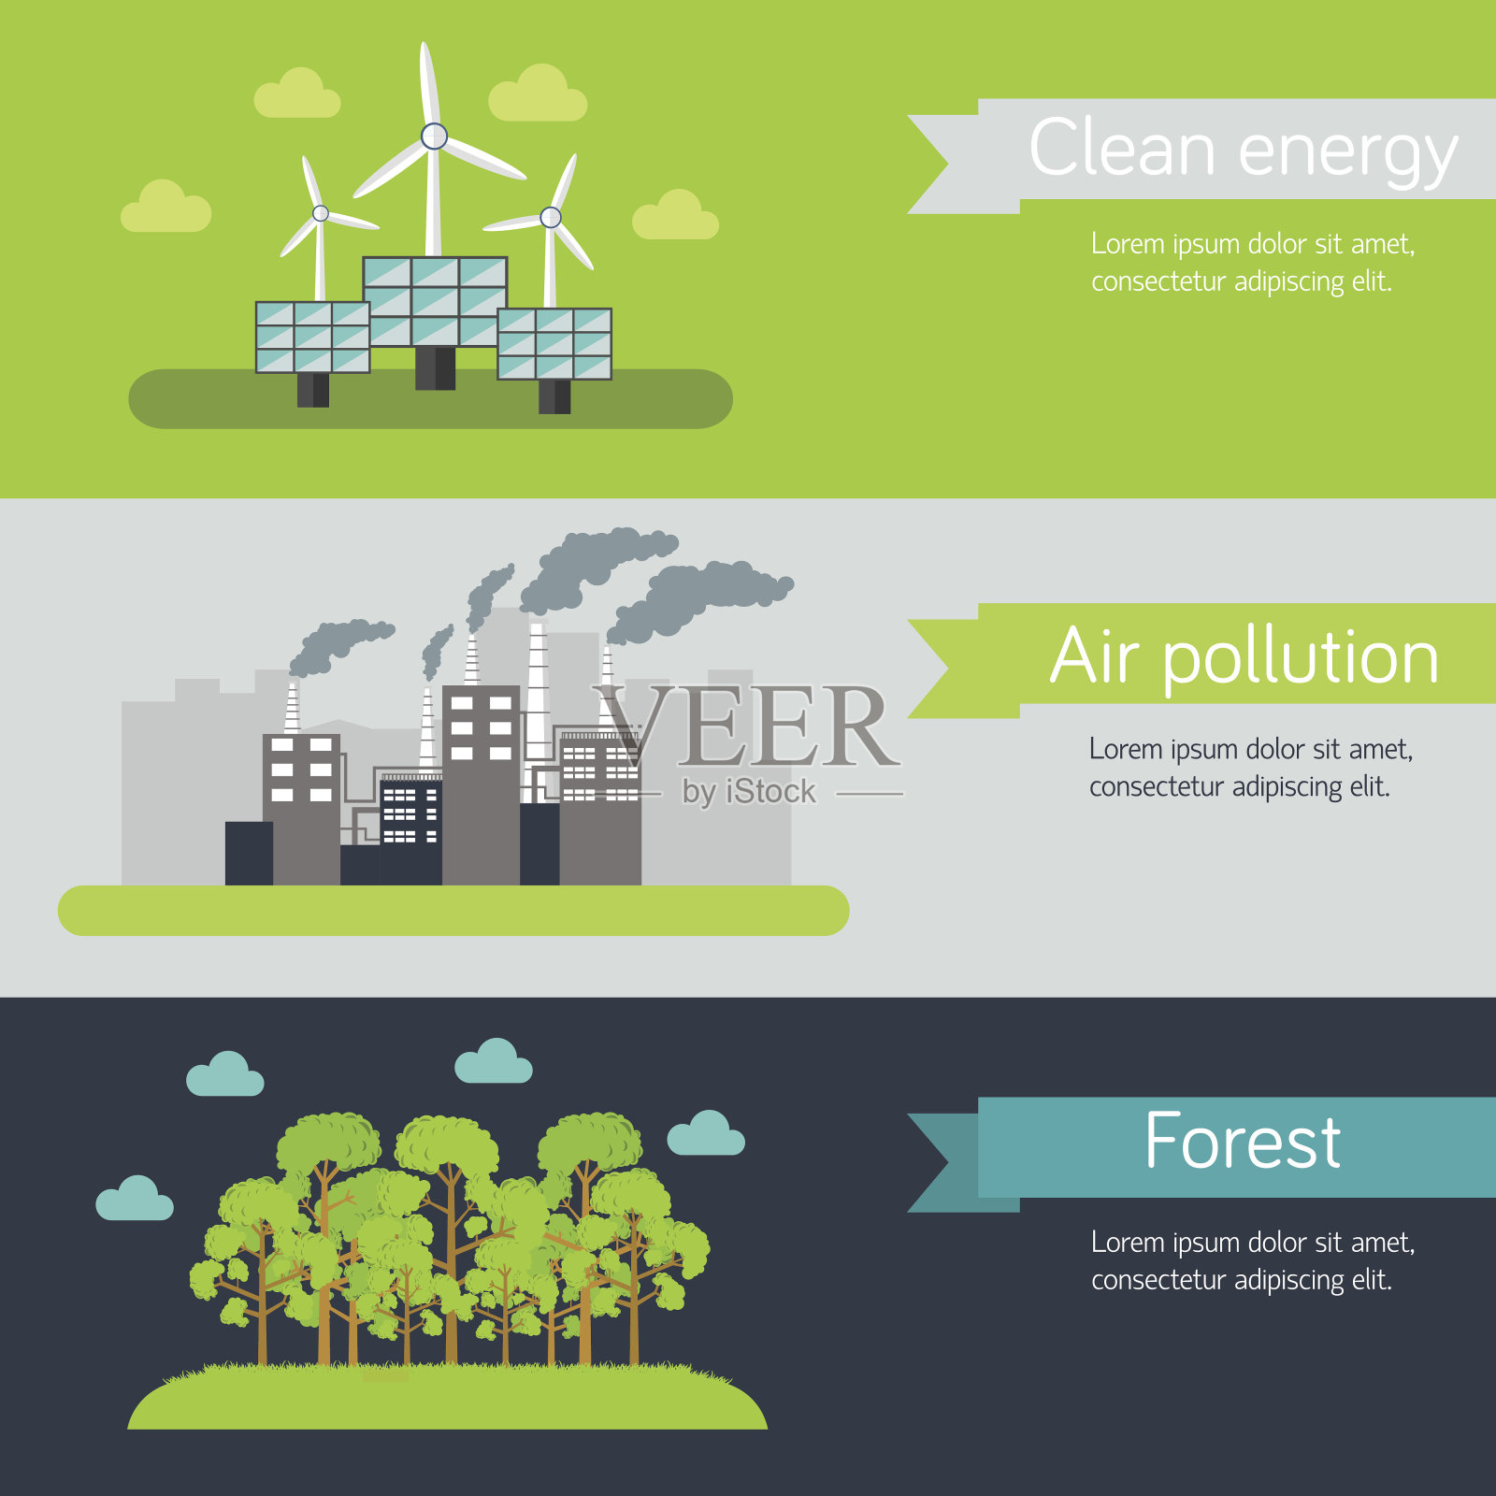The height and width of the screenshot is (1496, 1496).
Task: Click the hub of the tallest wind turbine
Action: click(x=434, y=137)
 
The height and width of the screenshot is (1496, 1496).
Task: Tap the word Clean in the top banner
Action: click(x=1121, y=147)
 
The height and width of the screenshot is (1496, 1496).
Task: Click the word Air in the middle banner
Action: click(x=1095, y=656)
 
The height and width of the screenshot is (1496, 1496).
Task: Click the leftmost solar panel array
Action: click(x=312, y=337)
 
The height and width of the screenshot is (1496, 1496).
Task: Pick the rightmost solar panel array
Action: click(x=554, y=344)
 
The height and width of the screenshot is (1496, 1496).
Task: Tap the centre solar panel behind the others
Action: click(x=435, y=300)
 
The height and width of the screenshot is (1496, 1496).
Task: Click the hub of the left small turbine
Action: click(x=321, y=213)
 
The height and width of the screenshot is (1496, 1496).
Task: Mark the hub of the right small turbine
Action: click(x=551, y=217)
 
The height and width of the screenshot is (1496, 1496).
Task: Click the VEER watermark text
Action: click(x=746, y=726)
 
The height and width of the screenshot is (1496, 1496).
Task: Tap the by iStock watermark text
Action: click(x=749, y=792)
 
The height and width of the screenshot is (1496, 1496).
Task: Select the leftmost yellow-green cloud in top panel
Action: click(x=165, y=208)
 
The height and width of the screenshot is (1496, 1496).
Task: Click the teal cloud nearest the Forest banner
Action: click(x=706, y=1133)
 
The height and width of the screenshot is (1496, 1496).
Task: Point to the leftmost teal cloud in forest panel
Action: click(x=135, y=1199)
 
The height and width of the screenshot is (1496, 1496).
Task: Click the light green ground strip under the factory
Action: click(x=453, y=911)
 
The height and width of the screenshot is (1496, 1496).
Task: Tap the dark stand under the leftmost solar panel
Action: click(x=312, y=390)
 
